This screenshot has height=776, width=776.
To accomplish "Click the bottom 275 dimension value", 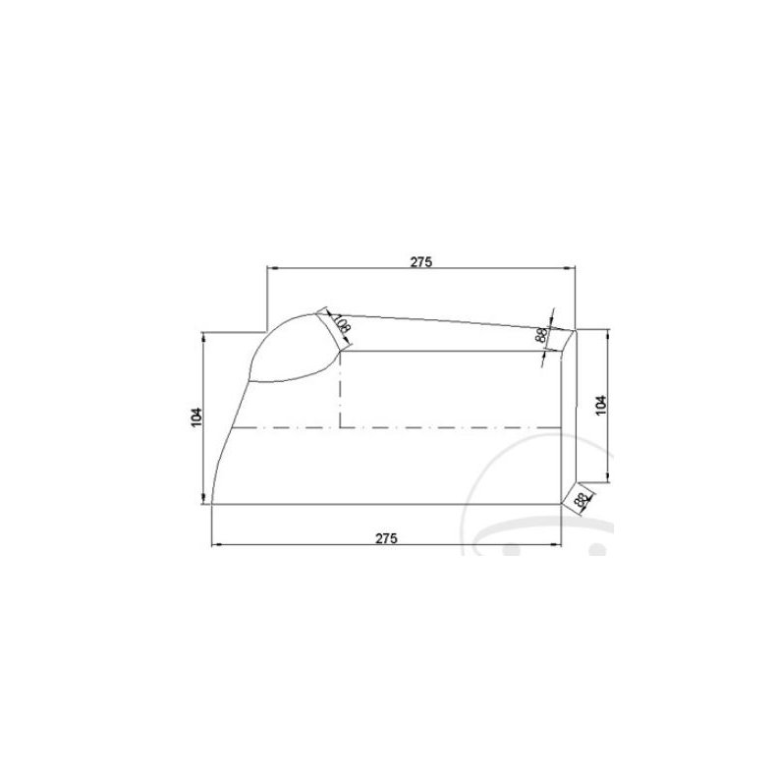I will tap(386, 537).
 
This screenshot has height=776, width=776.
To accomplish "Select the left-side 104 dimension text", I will tap(196, 417).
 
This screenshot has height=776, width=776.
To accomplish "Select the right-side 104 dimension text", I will tap(601, 404).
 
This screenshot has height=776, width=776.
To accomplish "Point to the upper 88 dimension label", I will tap(541, 335).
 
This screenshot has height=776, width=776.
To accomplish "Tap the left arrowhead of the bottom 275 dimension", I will tap(216, 543).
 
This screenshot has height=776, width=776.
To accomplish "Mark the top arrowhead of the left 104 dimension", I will tap(204, 336).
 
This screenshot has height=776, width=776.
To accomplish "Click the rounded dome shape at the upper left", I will tap(291, 349).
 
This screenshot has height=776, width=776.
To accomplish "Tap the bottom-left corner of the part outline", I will tap(212, 504).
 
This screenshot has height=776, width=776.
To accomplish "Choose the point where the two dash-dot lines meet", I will tap(340, 428).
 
